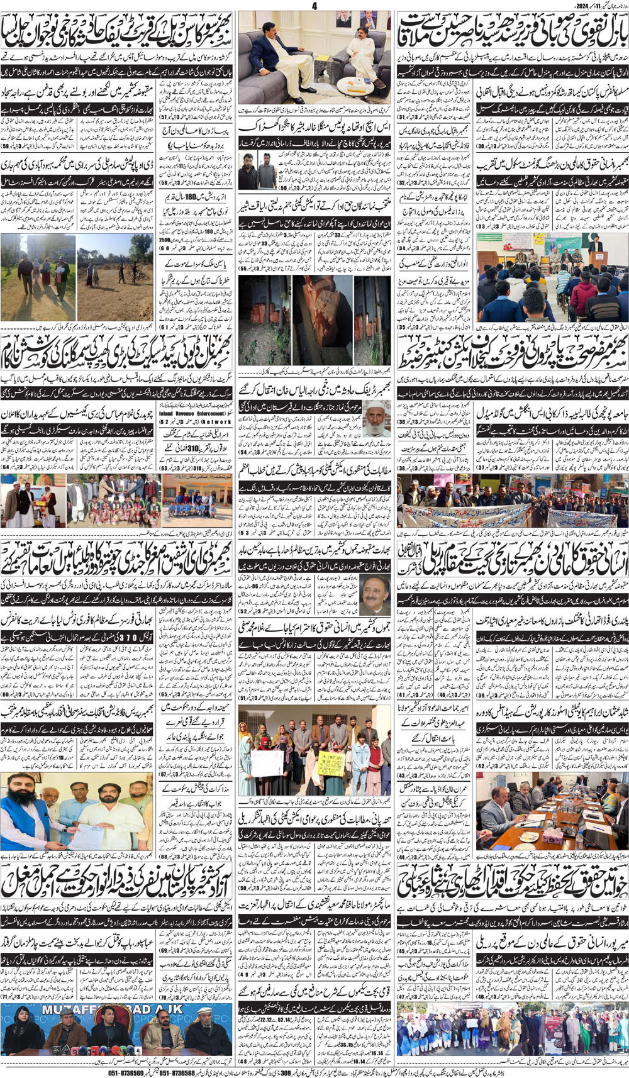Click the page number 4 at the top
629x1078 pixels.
(314, 6)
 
